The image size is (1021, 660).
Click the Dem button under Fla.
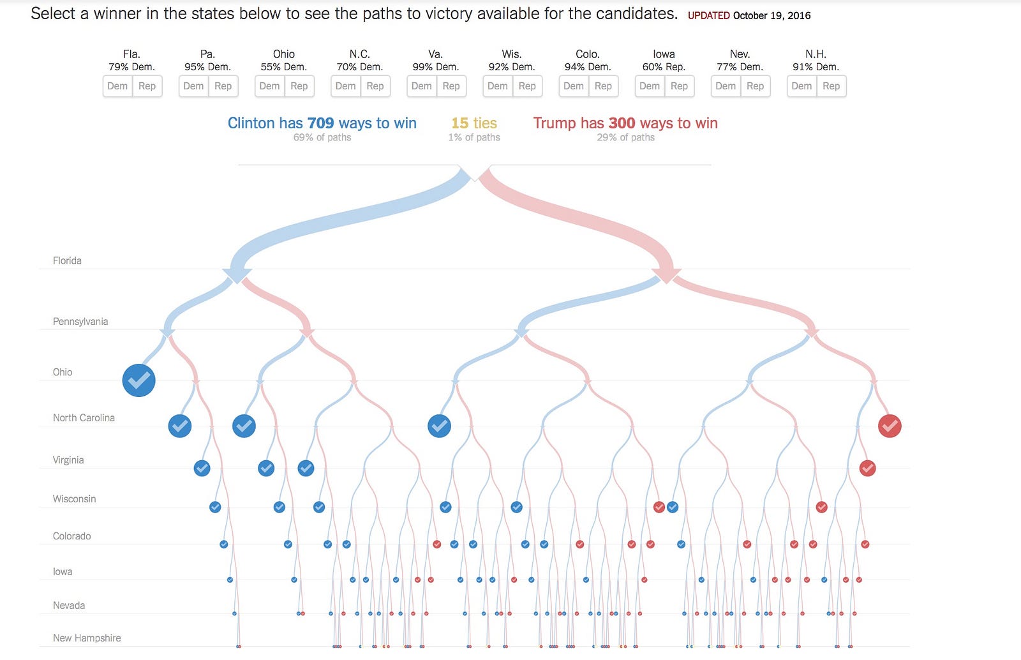(117, 86)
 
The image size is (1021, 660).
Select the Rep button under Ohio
(299, 86)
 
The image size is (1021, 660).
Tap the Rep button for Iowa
(679, 86)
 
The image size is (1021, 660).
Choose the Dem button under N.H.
(801, 86)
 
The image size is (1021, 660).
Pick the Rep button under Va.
(451, 86)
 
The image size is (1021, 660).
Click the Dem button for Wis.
(498, 86)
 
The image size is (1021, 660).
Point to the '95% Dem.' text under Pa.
(207, 67)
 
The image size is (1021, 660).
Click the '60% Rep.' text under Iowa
(664, 67)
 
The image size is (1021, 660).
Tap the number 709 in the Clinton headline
(320, 123)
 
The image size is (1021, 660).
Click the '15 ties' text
(474, 123)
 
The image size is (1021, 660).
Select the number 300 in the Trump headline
(622, 123)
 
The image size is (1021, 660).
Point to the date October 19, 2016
(771, 15)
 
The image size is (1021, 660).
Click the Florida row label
(67, 260)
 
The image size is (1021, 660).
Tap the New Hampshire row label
(87, 638)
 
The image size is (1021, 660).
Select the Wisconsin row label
(74, 499)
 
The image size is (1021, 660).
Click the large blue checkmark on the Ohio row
(138, 380)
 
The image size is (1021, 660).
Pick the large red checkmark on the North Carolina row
(890, 426)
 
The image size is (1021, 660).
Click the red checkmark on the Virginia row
(867, 469)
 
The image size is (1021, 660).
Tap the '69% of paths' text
(322, 137)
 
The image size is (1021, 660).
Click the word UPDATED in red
(708, 15)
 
